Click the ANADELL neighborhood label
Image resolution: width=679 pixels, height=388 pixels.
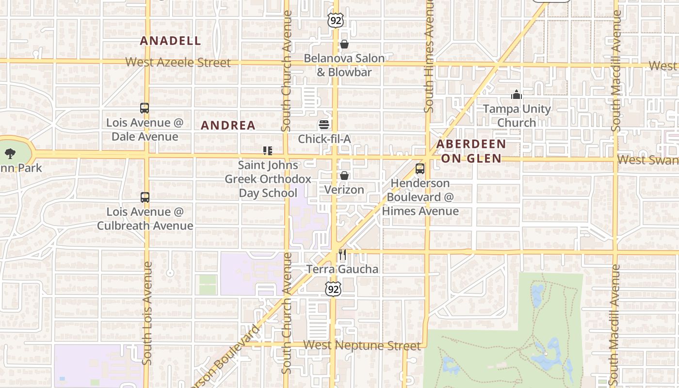click(x=170, y=41)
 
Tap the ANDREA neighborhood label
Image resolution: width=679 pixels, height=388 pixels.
click(x=228, y=125)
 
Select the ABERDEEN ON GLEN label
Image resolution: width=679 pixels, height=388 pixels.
click(x=471, y=151)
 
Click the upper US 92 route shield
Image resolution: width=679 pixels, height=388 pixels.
click(x=335, y=20)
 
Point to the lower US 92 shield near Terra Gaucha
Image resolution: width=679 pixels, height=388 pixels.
click(x=333, y=290)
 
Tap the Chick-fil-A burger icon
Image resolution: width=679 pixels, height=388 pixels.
click(x=324, y=125)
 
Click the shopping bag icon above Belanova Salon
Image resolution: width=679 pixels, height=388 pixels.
click(x=344, y=45)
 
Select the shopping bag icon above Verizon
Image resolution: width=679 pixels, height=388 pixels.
click(x=344, y=176)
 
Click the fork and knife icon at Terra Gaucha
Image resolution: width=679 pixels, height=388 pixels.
click(x=343, y=255)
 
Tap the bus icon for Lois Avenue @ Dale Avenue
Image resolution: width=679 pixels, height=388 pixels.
click(x=145, y=108)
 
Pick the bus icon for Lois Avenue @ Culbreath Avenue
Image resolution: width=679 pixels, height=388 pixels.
click(x=145, y=197)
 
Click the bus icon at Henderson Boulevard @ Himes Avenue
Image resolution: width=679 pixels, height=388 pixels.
click(x=420, y=169)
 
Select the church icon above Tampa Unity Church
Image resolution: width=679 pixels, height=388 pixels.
click(x=517, y=95)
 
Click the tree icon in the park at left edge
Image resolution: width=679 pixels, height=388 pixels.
click(x=10, y=154)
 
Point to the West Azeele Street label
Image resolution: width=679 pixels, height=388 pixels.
click(x=178, y=63)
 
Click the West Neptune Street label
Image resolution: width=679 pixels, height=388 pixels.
click(x=362, y=345)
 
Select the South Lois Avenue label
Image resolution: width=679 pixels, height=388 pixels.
click(x=147, y=313)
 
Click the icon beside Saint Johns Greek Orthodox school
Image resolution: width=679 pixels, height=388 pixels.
click(x=268, y=151)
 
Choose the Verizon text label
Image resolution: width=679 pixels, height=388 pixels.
click(x=344, y=190)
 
